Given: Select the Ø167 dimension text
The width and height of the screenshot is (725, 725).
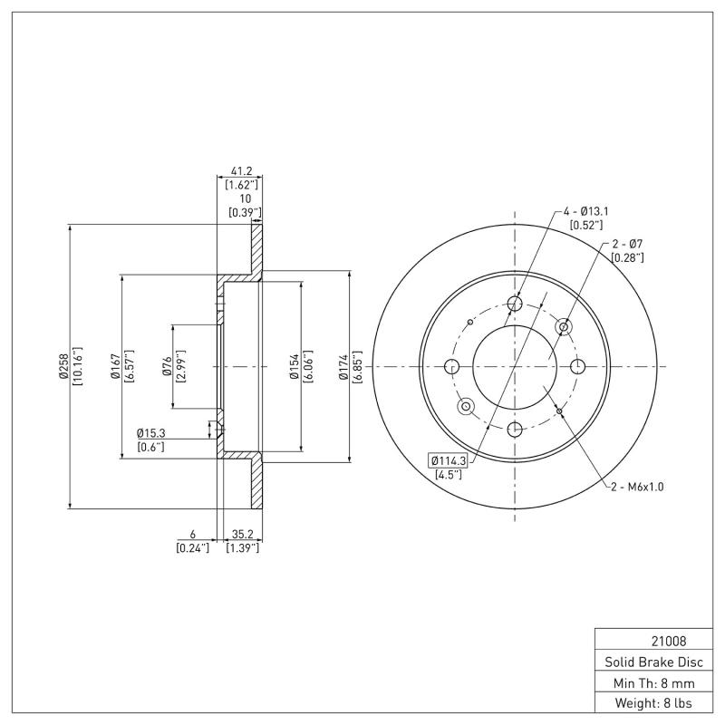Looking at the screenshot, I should click(x=116, y=366).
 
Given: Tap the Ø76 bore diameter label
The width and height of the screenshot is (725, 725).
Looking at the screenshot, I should click(x=168, y=366).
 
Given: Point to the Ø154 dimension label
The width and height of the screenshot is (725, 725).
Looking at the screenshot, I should click(x=295, y=366).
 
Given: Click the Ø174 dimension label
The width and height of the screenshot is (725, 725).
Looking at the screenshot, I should click(x=345, y=366).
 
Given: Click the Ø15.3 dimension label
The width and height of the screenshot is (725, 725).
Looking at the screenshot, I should click(x=150, y=433).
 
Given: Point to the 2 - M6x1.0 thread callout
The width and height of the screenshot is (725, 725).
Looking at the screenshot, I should click(x=637, y=487).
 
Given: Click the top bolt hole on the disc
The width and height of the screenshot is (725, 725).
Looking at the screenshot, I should click(x=515, y=304).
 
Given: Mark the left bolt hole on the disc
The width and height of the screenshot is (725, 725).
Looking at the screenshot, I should click(x=452, y=366).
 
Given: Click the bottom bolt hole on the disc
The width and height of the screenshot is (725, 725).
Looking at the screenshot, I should click(x=515, y=429).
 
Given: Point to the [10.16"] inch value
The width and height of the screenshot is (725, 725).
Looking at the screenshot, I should click(x=78, y=366).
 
